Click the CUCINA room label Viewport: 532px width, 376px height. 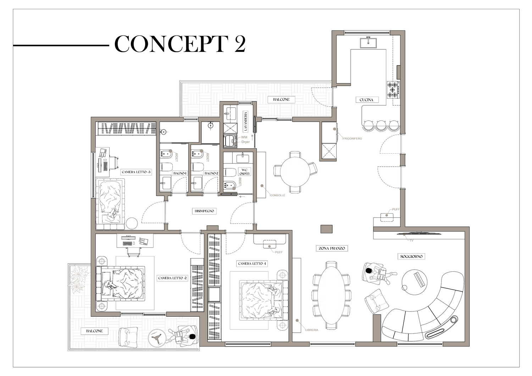tap(366, 100)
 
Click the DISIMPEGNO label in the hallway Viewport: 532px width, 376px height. tap(204, 211)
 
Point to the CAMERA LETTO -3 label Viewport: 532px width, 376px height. tap(136, 172)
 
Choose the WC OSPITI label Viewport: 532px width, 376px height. tap(244, 172)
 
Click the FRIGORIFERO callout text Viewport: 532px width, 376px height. tap(353, 138)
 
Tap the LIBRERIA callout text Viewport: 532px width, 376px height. tap(312, 330)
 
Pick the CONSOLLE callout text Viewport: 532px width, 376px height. tap(278, 195)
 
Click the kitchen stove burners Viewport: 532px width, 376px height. tap(393, 90)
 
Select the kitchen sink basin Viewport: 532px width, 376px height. tap(368, 43)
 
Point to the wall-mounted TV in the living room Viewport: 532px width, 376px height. tap(420, 234)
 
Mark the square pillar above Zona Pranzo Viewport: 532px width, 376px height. tap(327, 229)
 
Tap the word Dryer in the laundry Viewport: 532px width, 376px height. tap(245, 142)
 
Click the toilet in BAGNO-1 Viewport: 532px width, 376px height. tap(166, 167)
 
